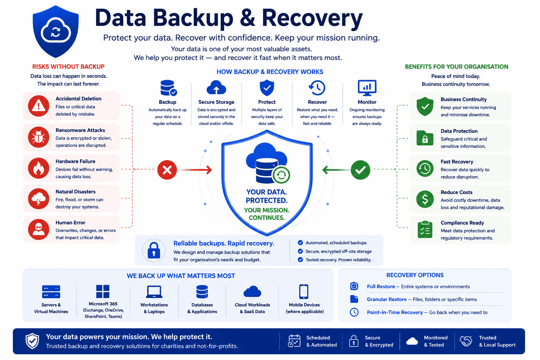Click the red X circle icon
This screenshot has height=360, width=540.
pyautogui.click(x=167, y=170)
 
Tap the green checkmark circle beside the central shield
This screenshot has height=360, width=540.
pyautogui.click(x=360, y=170)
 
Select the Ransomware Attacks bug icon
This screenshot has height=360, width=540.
pyautogui.click(x=39, y=137)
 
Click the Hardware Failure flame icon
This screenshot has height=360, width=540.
pyautogui.click(x=39, y=168)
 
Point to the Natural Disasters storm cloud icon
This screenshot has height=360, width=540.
pyautogui.click(x=39, y=199)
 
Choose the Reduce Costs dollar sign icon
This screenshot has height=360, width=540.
pyautogui.click(x=425, y=199)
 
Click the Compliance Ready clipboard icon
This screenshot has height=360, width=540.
pyautogui.click(x=425, y=230)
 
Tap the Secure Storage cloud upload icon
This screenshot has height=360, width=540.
pyautogui.click(x=216, y=87)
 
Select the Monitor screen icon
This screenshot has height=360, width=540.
pyautogui.click(x=367, y=88)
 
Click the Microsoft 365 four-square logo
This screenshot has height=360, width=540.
pyautogui.click(x=103, y=291)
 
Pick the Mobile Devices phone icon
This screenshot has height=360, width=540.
pyautogui.click(x=304, y=291)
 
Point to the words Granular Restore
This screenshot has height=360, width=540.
pyautogui.click(x=387, y=299)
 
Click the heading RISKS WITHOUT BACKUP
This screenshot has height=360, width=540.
pyautogui.click(x=69, y=66)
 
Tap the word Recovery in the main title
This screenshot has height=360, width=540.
pyautogui.click(x=312, y=18)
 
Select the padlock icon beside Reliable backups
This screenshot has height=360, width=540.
pyautogui.click(x=154, y=251)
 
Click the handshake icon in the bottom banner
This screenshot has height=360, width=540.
pyautogui.click(x=466, y=341)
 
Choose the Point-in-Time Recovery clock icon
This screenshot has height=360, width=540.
pyautogui.click(x=354, y=312)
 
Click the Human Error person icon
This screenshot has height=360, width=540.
pyautogui.click(x=39, y=229)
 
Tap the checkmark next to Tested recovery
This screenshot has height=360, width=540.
pyautogui.click(x=300, y=260)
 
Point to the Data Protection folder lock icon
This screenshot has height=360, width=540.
pyautogui.click(x=425, y=138)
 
